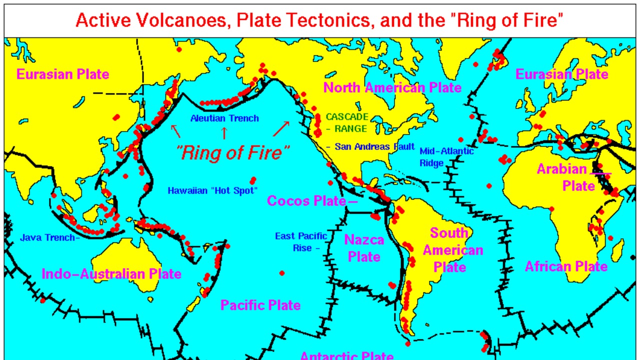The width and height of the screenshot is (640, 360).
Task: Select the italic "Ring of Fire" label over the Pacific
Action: tap(233, 152)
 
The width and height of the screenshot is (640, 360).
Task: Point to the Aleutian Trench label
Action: tap(224, 118)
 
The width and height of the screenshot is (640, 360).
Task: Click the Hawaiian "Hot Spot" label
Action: tap(212, 190)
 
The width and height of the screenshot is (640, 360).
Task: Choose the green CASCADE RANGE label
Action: tap(347, 122)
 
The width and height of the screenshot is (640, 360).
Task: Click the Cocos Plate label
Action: tap(306, 201)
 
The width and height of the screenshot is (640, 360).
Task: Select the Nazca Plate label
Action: tap(364, 248)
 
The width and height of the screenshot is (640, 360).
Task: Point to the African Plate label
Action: tap(566, 266)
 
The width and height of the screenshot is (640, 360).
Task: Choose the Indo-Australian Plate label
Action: tap(111, 274)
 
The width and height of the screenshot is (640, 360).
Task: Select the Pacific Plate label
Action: tap(260, 305)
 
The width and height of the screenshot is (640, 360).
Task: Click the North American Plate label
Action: tap(392, 88)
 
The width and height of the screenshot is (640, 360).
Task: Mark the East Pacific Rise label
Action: tap(300, 242)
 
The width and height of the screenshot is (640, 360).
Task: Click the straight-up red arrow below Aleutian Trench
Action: tap(224, 133)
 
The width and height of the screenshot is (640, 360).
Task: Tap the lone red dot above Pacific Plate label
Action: tap(282, 273)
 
